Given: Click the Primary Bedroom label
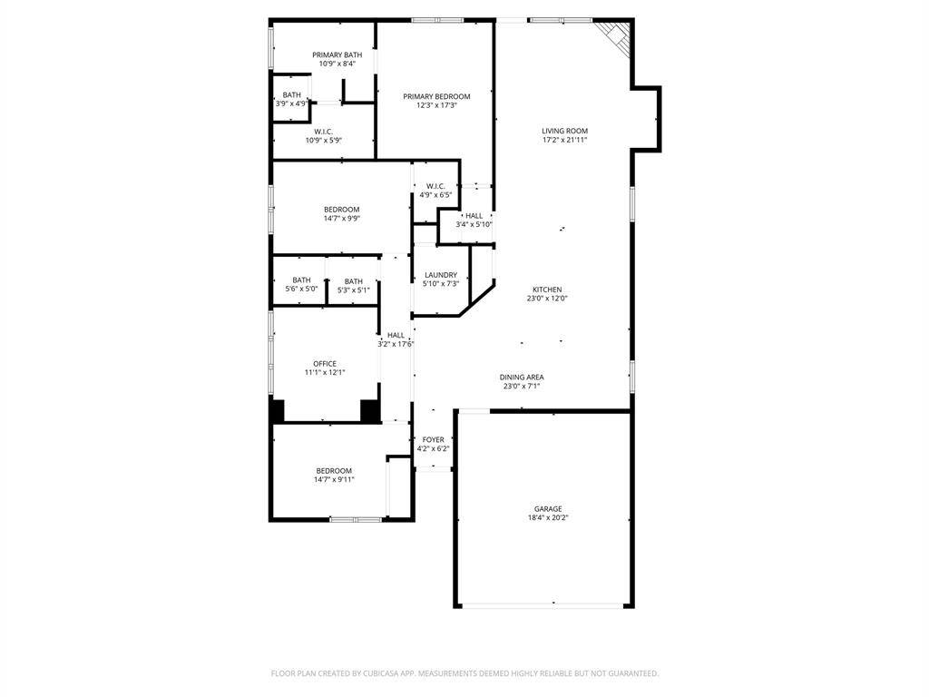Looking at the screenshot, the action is (436, 96).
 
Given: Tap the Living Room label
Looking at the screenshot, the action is (564, 131).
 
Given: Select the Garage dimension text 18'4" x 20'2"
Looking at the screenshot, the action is (548, 517).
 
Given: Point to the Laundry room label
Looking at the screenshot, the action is (441, 275).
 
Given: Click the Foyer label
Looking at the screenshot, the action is (433, 440).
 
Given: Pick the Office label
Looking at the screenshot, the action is (325, 364).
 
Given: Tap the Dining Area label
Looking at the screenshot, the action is (522, 377).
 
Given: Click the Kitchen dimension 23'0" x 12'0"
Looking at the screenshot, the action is (547, 298).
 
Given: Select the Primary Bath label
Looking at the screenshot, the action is (337, 55).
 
